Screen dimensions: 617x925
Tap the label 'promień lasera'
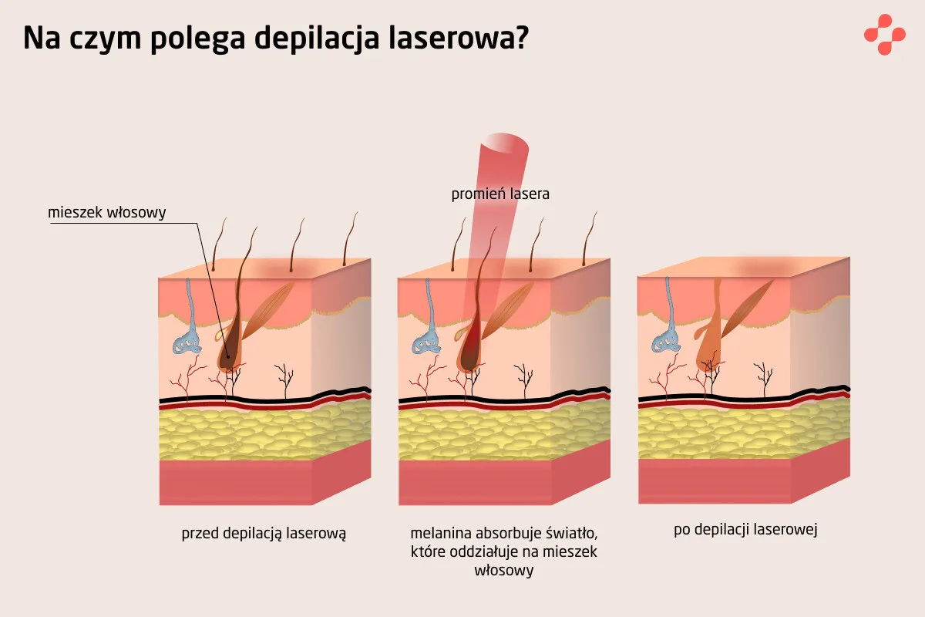500,194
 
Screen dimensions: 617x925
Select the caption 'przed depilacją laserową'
264,533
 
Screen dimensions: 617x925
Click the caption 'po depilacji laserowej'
745,530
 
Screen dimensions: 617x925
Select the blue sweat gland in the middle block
428,339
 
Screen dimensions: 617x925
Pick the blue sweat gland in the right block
668,339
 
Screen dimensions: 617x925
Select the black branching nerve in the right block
765,377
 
